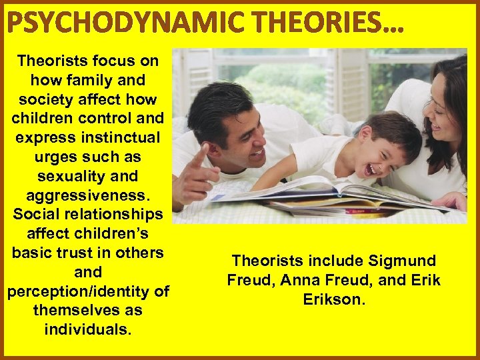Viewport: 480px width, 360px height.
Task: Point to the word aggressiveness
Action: [x=88, y=195]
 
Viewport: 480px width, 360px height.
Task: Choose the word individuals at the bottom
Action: [x=88, y=330]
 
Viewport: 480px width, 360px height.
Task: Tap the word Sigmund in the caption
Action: [x=405, y=261]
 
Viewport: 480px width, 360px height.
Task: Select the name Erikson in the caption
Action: [x=334, y=300]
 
